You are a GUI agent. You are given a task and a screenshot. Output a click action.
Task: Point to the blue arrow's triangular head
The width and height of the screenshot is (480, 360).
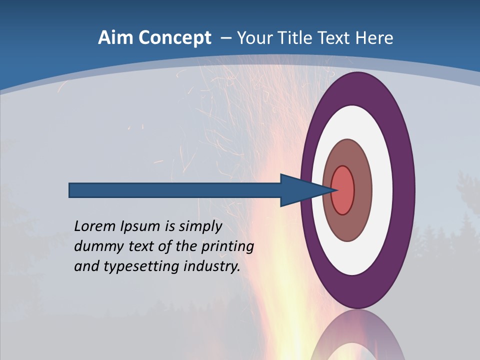pos(300,190)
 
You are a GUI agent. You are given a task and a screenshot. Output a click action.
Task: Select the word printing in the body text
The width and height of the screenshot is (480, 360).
pos(227,247)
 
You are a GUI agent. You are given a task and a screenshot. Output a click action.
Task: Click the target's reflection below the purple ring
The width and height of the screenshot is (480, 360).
pos(357,337)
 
